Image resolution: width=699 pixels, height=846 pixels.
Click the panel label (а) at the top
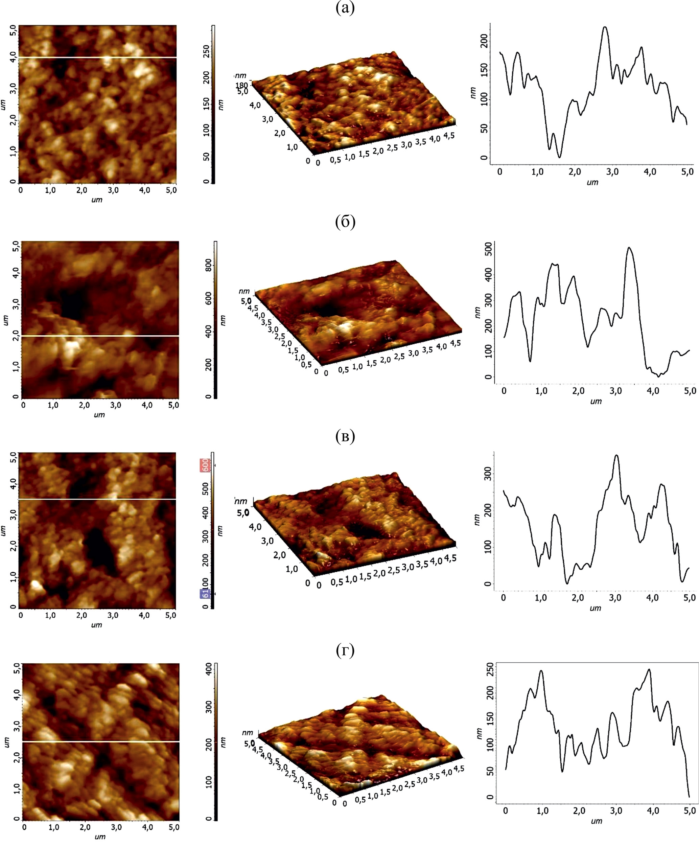tap(345, 8)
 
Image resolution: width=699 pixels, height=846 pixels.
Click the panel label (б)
tap(345, 222)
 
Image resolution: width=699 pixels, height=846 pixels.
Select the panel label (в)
tap(345, 436)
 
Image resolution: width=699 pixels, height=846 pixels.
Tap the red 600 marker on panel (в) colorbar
tap(205, 465)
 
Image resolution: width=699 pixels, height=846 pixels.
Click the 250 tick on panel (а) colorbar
tap(206, 51)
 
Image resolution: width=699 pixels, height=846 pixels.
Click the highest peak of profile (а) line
tap(605, 27)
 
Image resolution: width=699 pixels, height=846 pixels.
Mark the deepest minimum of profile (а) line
tap(559, 157)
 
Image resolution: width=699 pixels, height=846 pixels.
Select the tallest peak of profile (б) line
tap(629, 248)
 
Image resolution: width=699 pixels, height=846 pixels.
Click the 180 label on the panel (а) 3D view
tap(241, 85)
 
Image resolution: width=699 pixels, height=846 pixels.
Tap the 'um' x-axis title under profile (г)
tap(596, 821)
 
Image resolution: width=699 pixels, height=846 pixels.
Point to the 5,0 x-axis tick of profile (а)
tap(687, 172)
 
